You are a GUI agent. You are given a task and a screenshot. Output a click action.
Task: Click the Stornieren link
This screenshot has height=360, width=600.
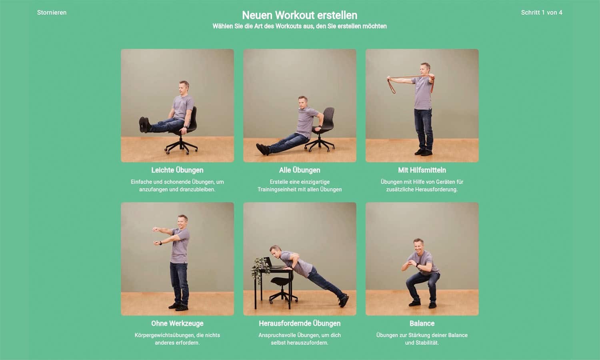point(52,12)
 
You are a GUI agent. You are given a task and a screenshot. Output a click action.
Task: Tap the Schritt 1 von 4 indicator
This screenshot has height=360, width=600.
point(542,12)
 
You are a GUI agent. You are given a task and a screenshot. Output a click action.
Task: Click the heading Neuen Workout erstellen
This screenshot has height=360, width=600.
point(300,15)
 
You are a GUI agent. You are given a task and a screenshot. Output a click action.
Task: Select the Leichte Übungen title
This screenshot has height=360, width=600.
point(177,170)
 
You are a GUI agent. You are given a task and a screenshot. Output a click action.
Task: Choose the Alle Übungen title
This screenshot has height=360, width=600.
point(300,170)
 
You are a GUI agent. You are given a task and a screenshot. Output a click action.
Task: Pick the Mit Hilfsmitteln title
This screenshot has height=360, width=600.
point(422,170)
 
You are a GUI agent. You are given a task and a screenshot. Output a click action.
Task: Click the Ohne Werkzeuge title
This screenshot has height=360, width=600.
point(177,324)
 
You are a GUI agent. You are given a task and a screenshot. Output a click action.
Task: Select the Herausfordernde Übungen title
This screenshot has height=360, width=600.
point(300,324)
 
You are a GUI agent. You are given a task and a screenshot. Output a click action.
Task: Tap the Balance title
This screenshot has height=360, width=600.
point(422,324)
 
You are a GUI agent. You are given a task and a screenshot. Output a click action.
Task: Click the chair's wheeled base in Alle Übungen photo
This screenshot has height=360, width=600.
point(320,145)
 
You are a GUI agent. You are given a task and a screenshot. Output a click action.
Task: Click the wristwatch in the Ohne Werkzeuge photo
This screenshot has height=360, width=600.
point(161,243)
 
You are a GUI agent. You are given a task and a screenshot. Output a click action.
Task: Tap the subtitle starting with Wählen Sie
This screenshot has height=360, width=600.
point(300,26)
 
